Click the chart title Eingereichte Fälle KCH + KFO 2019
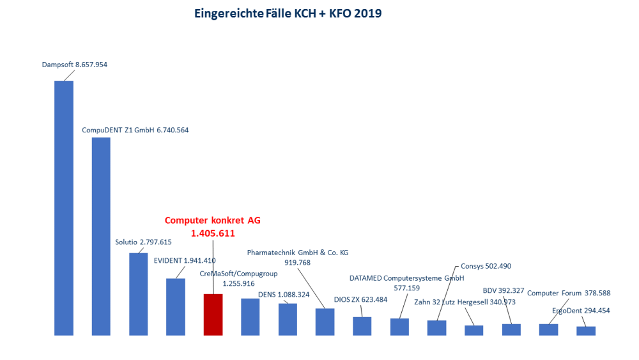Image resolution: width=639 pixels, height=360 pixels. pos(288,13)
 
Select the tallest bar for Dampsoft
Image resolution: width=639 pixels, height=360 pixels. pos(64,208)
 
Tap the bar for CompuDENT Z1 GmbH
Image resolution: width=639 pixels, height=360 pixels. pos(101,237)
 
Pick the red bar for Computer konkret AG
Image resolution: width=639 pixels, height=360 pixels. pos(213,315)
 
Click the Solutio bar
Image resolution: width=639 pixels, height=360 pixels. pos(138,294)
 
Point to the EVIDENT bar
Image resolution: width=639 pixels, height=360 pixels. pos(176,307)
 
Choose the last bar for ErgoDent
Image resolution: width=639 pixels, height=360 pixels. pos(585,331)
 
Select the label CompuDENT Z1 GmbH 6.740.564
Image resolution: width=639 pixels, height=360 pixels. pos(135,130)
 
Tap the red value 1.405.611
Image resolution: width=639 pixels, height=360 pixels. pos(212,233)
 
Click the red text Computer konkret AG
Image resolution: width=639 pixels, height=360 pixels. pos(213,220)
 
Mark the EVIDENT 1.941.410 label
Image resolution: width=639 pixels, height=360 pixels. pos(185,260)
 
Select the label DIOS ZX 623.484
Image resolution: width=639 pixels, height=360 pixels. pos(360,299)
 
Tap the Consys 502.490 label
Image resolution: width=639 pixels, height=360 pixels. pos(486,266)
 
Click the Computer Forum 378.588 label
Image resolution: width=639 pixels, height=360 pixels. pos(569,293)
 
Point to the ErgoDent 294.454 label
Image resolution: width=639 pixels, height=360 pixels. pos(581,311)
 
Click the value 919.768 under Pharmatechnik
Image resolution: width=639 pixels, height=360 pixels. pos(297,262)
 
